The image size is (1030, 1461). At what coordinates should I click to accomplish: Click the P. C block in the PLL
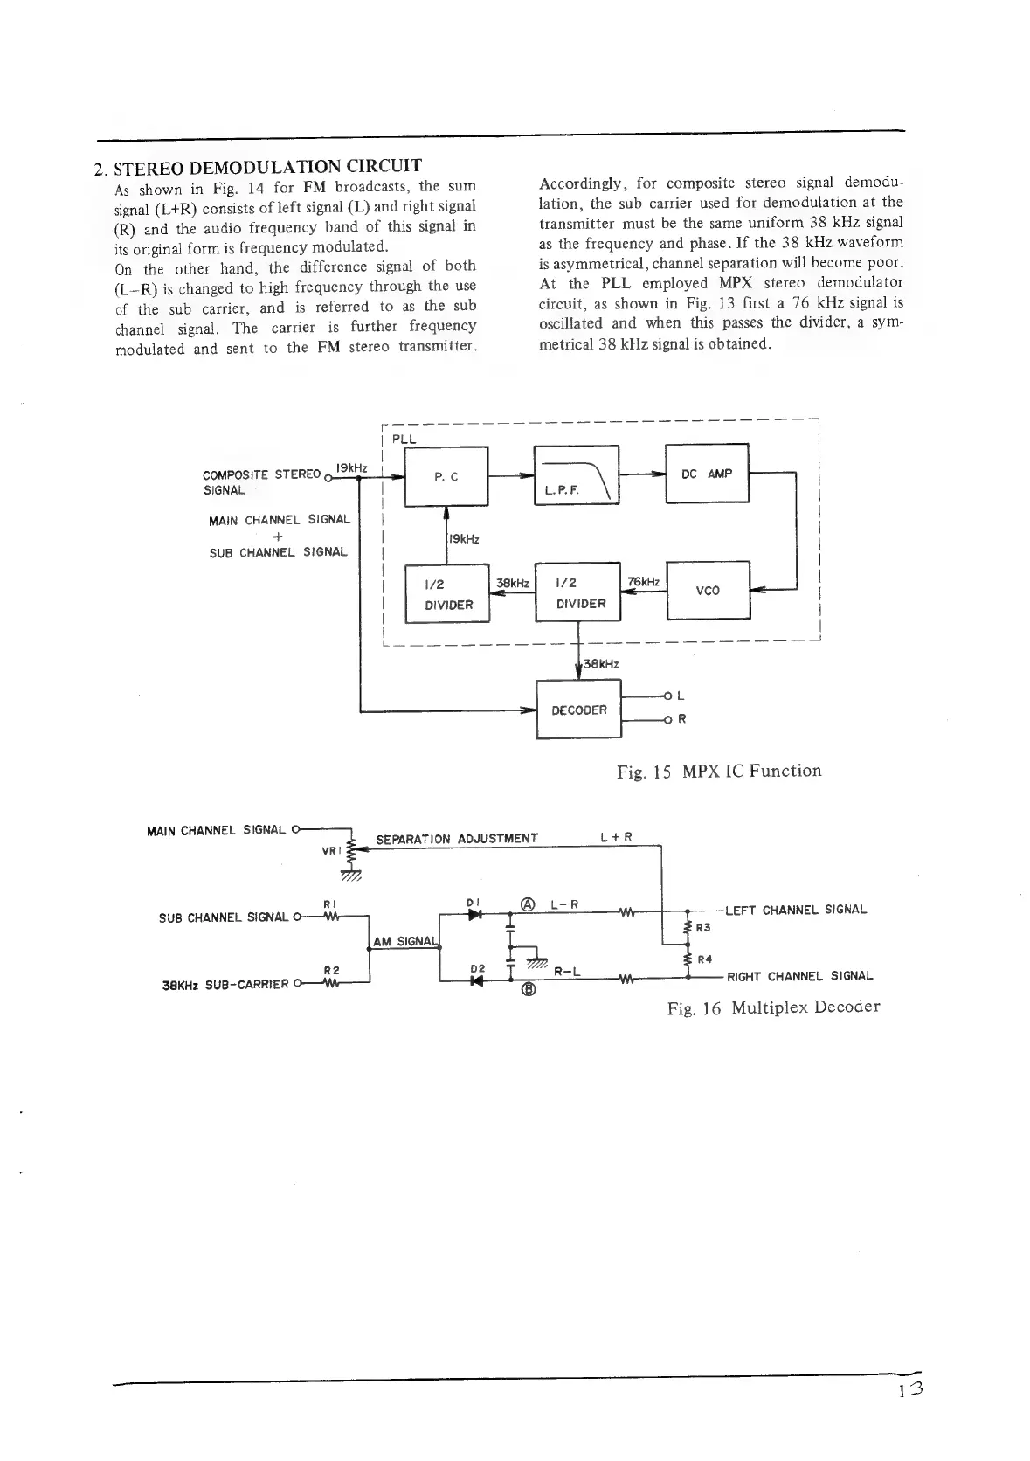click(x=446, y=476)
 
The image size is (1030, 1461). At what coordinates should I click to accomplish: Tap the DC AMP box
click(x=707, y=474)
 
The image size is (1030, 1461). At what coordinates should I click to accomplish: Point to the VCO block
click(x=708, y=590)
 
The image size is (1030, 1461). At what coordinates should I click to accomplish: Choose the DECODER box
click(x=578, y=710)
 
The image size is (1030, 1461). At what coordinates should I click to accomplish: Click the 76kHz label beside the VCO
click(x=643, y=582)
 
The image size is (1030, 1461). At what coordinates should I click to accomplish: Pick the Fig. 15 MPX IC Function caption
click(x=718, y=771)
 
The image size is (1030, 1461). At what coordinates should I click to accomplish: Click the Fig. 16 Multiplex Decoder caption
click(x=772, y=1007)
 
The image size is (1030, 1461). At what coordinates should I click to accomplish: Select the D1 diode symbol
click(x=474, y=914)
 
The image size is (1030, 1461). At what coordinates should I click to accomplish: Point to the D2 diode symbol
click(x=474, y=980)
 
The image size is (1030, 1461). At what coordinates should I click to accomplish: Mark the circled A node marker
click(x=528, y=904)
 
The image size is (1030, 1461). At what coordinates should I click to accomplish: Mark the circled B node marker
click(x=528, y=990)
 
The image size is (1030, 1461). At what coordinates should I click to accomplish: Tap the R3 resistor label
click(x=702, y=928)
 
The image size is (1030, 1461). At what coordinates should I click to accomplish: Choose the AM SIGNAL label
click(x=404, y=941)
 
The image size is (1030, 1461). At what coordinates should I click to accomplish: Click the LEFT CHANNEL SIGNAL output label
click(x=796, y=910)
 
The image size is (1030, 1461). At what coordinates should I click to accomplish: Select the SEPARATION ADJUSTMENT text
click(x=456, y=839)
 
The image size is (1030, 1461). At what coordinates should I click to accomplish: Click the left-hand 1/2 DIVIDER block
click(x=447, y=594)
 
